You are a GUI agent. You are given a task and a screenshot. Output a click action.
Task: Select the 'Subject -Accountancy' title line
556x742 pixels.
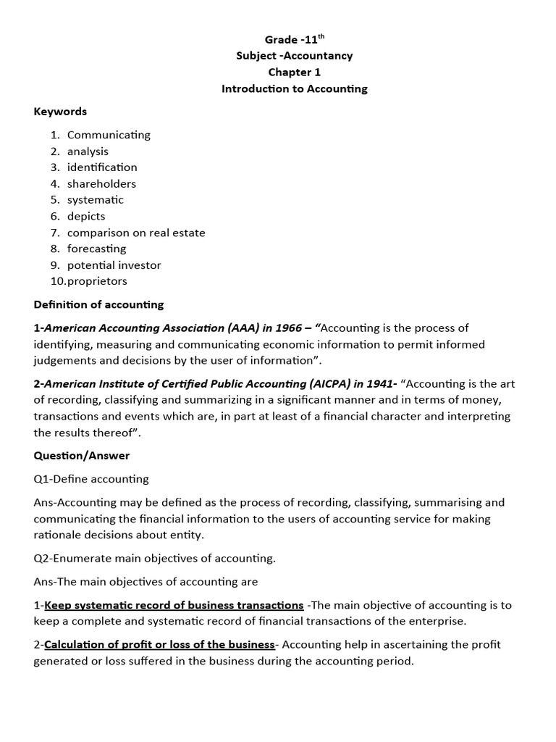point(294,56)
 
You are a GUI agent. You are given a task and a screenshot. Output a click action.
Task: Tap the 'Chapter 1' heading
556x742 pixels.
point(294,72)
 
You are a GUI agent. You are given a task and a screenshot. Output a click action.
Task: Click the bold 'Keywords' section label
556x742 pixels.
point(60,112)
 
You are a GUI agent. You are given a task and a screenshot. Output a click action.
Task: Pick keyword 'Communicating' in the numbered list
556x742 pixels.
point(109,135)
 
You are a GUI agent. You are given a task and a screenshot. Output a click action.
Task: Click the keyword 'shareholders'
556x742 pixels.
point(101,184)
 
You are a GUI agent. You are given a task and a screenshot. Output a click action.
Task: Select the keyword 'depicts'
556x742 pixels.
point(86,217)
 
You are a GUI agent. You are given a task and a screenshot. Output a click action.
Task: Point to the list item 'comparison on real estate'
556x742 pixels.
point(136,233)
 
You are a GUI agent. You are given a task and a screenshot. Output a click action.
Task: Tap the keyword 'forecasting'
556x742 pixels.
point(96,249)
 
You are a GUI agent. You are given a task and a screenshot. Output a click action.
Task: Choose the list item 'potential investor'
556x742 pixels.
point(114,265)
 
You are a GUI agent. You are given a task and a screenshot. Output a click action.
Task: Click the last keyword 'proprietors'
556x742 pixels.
point(97,281)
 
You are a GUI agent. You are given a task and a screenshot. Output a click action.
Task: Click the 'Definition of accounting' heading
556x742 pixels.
point(98,304)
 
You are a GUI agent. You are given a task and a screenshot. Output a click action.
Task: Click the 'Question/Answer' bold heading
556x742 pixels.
point(82,456)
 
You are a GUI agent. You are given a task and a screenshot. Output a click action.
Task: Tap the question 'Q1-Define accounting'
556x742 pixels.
point(91,479)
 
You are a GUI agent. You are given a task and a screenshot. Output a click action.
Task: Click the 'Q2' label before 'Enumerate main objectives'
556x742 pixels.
point(41,558)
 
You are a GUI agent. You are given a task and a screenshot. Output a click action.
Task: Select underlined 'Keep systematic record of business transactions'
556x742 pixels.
point(174,605)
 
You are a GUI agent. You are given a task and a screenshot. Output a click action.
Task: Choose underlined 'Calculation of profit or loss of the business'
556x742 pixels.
point(159,645)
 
